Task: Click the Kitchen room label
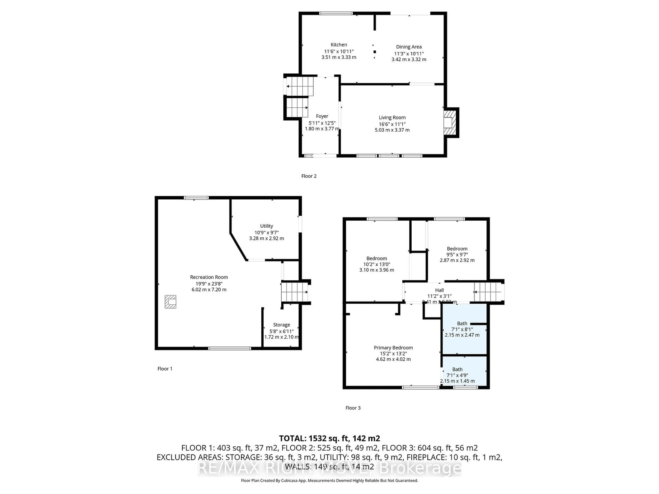click(x=339, y=45)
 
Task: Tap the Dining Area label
click(x=409, y=47)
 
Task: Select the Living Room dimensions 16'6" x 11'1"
click(x=392, y=124)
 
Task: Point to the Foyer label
click(x=322, y=116)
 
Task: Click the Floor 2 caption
click(x=309, y=176)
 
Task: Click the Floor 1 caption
click(x=165, y=369)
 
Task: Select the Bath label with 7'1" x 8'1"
click(x=462, y=323)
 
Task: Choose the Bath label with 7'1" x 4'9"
click(x=457, y=369)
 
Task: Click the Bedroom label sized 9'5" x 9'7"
click(x=457, y=249)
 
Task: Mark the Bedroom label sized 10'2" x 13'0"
click(x=377, y=258)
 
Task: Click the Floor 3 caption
click(x=353, y=408)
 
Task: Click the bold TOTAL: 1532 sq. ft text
click(x=329, y=438)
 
